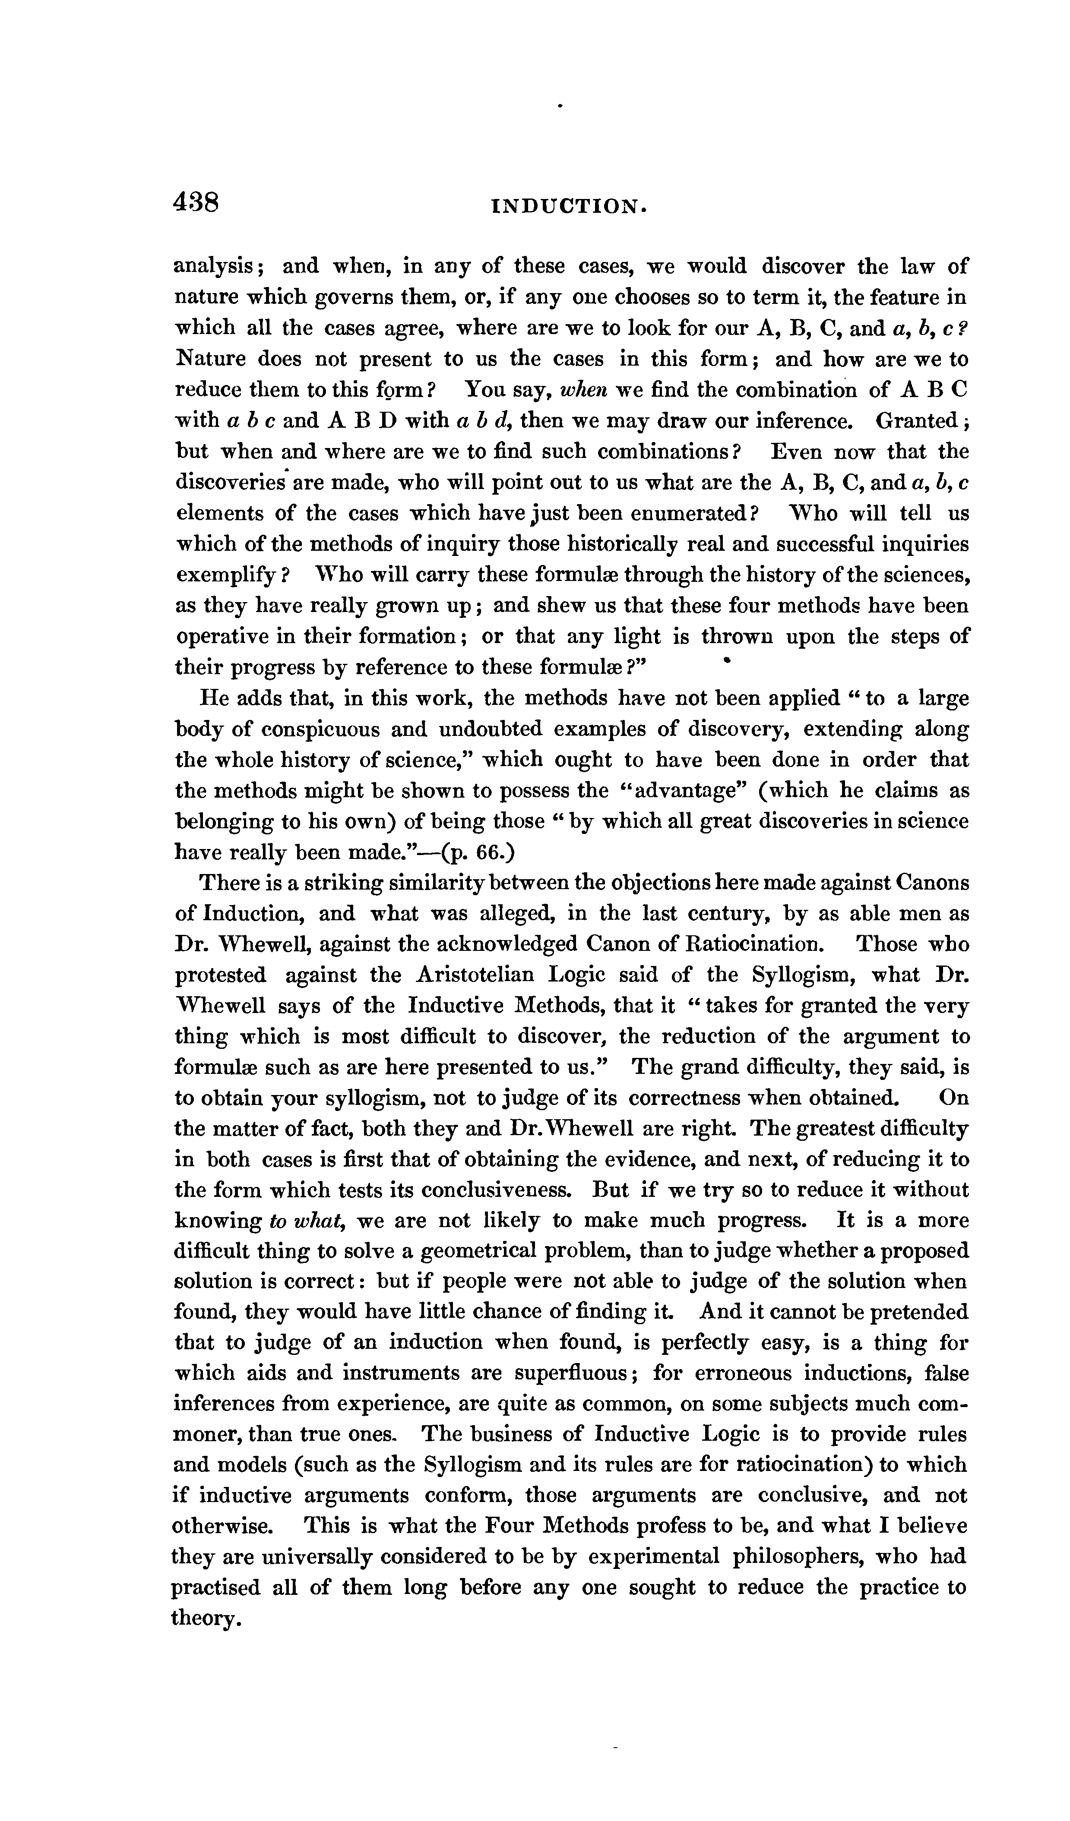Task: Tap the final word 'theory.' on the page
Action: point(206,1620)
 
